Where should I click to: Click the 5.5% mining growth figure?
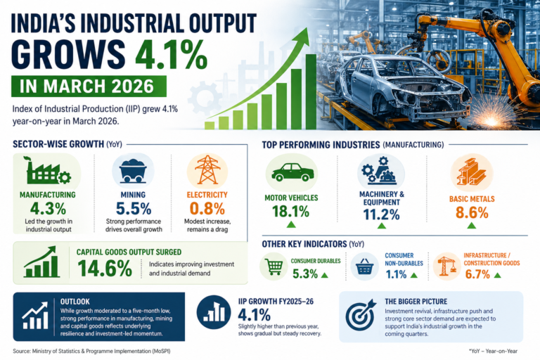133,208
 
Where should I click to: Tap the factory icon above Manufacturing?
46,172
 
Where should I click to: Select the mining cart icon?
133,172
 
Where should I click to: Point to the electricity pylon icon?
207,171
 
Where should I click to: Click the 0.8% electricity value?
207,208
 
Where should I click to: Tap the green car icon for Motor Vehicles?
291,172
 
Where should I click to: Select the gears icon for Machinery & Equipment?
380,172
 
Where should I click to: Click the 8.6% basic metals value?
471,212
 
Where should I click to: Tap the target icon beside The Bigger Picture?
360,316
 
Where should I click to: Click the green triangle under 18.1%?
291,225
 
